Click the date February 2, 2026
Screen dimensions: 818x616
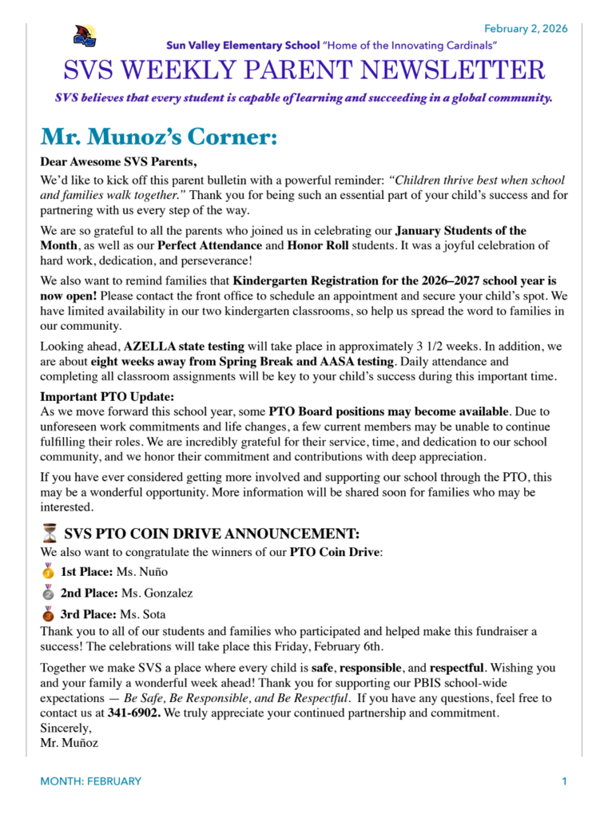[x=526, y=29]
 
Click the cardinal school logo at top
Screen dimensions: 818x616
[x=85, y=35]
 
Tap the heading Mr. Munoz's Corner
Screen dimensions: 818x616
[x=159, y=137]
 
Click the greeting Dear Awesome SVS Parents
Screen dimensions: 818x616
[x=118, y=162]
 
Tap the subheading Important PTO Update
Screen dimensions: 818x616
[x=107, y=397]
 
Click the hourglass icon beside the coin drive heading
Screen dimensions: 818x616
[x=50, y=534]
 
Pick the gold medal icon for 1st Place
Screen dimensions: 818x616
[x=49, y=571]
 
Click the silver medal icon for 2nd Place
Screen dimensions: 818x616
[x=49, y=593]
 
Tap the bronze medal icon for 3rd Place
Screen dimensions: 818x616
[x=49, y=614]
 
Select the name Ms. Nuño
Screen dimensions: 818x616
[x=144, y=572]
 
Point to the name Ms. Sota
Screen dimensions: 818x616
[x=142, y=615]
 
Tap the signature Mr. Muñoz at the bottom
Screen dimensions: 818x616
[x=69, y=743]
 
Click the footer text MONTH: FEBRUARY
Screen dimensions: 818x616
[x=91, y=781]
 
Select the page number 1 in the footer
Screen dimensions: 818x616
[x=564, y=781]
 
